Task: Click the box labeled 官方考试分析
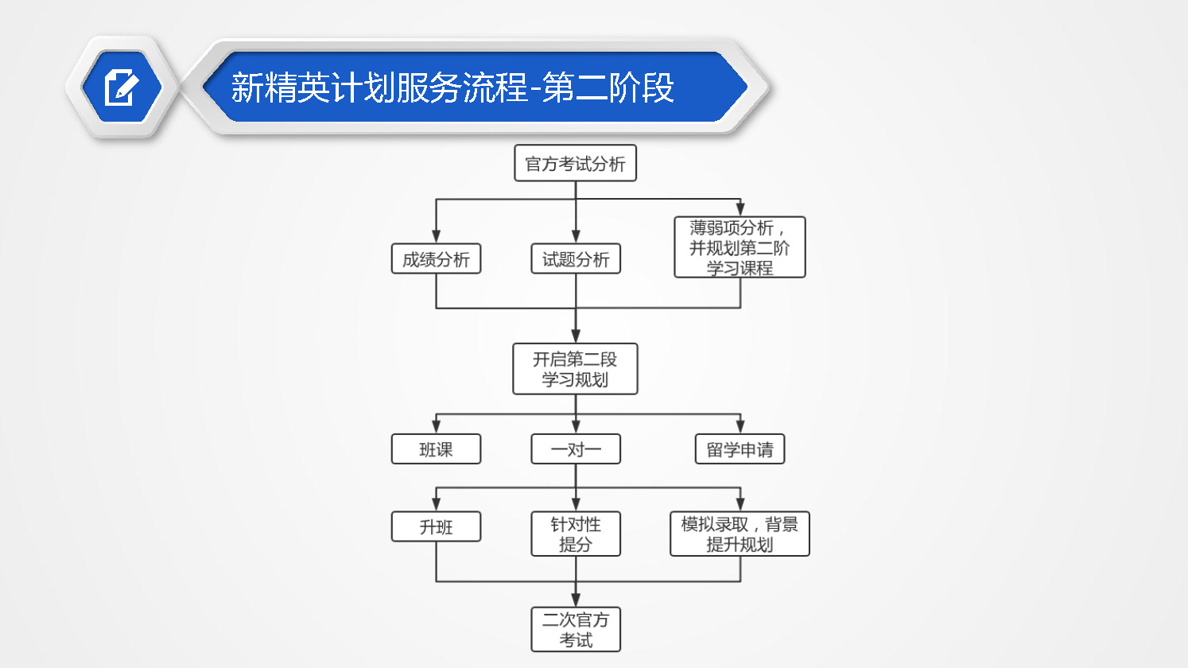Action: [576, 163]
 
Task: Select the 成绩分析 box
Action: [436, 259]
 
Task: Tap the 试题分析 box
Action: [576, 259]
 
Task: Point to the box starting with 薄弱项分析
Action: [740, 247]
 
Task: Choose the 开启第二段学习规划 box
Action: [575, 369]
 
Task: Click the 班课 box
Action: [436, 449]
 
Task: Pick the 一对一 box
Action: [576, 449]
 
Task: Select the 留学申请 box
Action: [740, 449]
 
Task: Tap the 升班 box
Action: [436, 526]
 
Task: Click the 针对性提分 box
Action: [576, 534]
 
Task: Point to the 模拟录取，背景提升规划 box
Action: [740, 534]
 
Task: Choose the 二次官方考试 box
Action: [576, 629]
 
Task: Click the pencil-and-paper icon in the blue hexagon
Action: [122, 87]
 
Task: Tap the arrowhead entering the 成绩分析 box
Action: [436, 237]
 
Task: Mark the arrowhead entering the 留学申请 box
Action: [740, 427]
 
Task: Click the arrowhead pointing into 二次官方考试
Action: [576, 600]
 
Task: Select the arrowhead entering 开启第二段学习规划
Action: [576, 336]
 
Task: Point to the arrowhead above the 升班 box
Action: [436, 505]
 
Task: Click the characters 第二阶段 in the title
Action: [608, 87]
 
